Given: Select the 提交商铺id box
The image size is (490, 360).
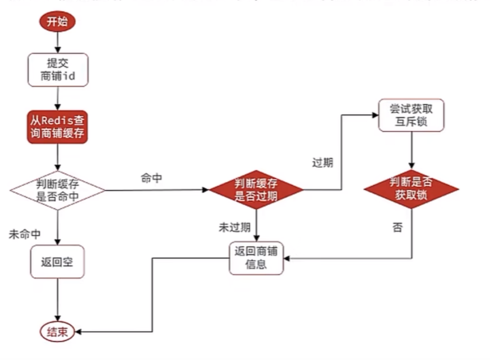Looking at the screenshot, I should pos(57,71).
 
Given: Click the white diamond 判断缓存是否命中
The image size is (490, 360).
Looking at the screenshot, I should pos(57,190).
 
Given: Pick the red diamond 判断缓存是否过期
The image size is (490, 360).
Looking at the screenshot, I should pos(256,190).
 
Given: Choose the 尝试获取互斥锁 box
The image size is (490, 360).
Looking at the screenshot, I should pos(411,116).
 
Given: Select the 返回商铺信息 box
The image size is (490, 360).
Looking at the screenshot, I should pos(256,258).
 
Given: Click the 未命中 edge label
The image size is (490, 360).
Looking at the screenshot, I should pos(25,235).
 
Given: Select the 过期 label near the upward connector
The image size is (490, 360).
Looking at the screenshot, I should pos(322,162).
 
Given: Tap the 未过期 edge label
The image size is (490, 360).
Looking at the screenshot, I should pos(235,226).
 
